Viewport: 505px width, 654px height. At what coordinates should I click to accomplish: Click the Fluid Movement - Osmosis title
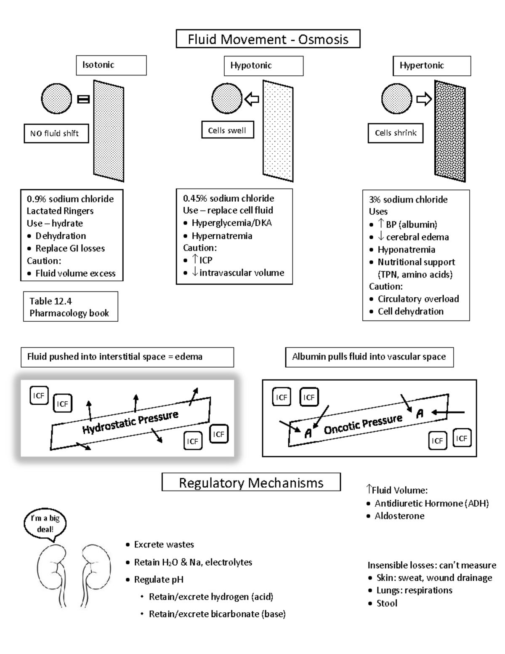tap(268, 39)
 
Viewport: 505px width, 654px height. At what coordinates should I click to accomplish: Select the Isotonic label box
tap(111, 65)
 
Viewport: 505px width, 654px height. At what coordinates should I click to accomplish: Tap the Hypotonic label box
tap(263, 66)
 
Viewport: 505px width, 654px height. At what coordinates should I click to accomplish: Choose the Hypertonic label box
tap(432, 66)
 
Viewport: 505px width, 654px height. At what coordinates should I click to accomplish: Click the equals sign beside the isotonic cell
tap(83, 99)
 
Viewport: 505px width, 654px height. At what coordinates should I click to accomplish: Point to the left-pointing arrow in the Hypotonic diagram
tap(252, 99)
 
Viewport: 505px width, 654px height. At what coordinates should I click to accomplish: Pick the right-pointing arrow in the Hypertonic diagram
tap(424, 99)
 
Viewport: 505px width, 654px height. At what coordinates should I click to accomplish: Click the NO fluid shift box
tap(56, 133)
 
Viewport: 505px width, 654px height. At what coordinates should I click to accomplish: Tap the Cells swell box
tap(228, 130)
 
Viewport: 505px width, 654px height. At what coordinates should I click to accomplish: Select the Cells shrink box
tap(396, 133)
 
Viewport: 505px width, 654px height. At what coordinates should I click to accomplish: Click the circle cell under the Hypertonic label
tap(397, 99)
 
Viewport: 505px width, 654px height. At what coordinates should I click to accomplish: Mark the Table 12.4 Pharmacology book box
tap(70, 307)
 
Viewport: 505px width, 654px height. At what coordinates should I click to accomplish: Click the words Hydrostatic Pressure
tap(130, 422)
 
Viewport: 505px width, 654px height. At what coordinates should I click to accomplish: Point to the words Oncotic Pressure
tap(363, 424)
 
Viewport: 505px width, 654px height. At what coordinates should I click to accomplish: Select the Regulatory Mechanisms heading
tap(251, 483)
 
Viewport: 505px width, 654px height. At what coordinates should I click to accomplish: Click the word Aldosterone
tap(399, 516)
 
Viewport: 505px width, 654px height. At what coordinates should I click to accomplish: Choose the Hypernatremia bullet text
tap(222, 236)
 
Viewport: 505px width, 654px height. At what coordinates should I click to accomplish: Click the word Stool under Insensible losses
tap(387, 603)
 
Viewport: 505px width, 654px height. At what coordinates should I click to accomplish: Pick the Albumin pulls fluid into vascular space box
tap(369, 357)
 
